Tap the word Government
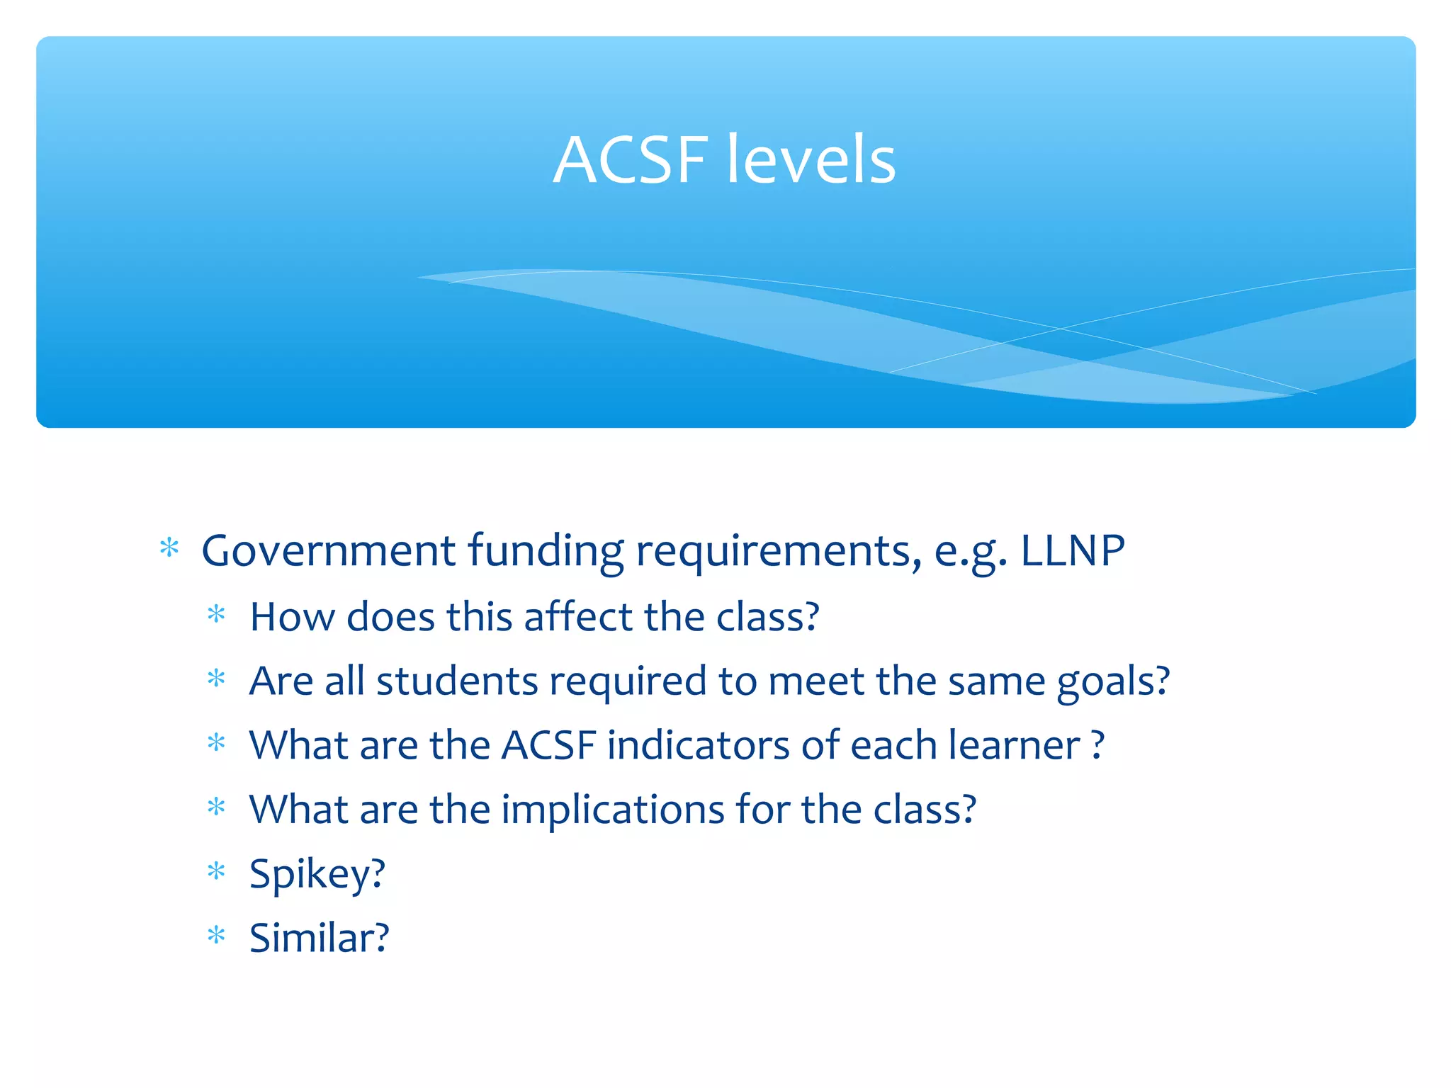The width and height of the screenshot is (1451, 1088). pyautogui.click(x=328, y=550)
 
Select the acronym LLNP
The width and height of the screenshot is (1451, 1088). pyautogui.click(x=1072, y=550)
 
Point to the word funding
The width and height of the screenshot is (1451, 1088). pyautogui.click(x=546, y=552)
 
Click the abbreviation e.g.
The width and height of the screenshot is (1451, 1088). pyautogui.click(x=970, y=552)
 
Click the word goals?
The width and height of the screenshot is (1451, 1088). pyautogui.click(x=1113, y=682)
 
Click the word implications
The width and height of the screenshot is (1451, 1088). pyautogui.click(x=613, y=810)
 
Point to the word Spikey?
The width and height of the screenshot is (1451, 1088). pyautogui.click(x=317, y=874)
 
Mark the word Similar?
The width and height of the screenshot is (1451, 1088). pyautogui.click(x=320, y=938)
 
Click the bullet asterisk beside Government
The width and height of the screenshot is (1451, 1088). pyautogui.click(x=169, y=548)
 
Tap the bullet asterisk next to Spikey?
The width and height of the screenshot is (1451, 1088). pyautogui.click(x=216, y=871)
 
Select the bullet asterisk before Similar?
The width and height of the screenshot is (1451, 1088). pyautogui.click(x=216, y=936)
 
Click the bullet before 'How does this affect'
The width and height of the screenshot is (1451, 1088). pyautogui.click(x=216, y=613)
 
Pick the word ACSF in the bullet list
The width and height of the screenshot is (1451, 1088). pyautogui.click(x=548, y=745)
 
